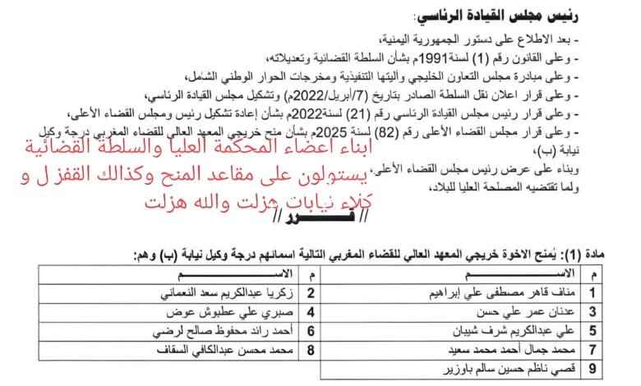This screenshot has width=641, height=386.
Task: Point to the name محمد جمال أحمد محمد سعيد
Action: tap(514, 352)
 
